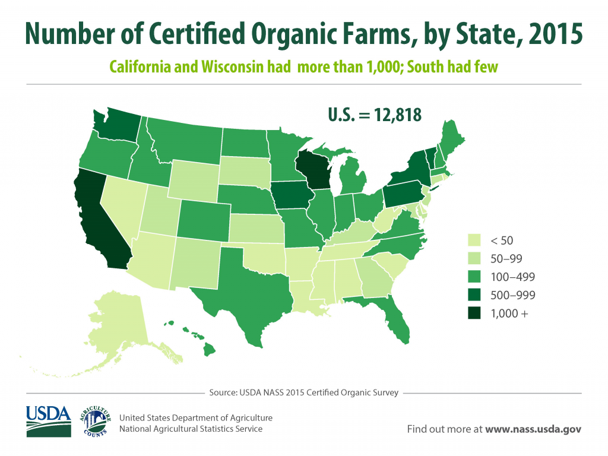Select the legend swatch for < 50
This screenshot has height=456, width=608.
click(x=475, y=240)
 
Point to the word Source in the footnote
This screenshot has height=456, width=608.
click(x=223, y=392)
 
